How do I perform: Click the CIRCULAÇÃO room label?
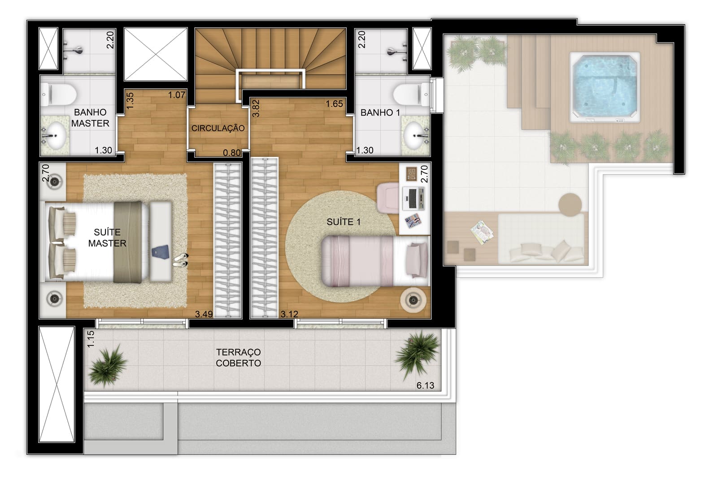[x=218, y=128]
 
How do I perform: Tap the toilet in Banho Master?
[x=59, y=95]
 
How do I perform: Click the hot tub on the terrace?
[x=604, y=87]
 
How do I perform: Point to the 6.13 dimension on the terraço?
[x=425, y=385]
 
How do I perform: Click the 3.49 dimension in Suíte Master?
[x=204, y=314]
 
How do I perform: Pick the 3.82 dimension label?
[x=256, y=108]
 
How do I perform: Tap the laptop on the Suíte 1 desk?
[x=414, y=198]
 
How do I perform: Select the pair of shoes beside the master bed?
[x=181, y=260]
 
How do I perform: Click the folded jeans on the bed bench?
[x=160, y=251]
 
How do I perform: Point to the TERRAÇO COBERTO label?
[x=238, y=358]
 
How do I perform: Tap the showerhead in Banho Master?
[x=74, y=50]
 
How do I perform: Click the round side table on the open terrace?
[x=570, y=205]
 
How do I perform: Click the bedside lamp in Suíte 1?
[x=413, y=300]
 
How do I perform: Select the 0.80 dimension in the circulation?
[x=232, y=153]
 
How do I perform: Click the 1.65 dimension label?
[x=334, y=104]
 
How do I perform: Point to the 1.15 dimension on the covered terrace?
[x=91, y=339]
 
